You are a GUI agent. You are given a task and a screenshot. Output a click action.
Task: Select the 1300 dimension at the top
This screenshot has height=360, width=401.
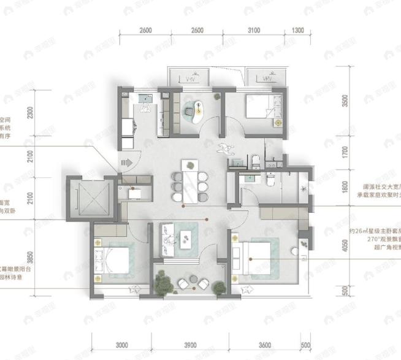pyautogui.click(x=297, y=31)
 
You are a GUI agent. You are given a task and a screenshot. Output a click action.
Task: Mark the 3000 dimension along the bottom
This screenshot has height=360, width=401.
pyautogui.click(x=121, y=345)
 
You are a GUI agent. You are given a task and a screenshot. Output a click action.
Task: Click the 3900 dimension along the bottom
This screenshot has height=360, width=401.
pyautogui.click(x=190, y=345)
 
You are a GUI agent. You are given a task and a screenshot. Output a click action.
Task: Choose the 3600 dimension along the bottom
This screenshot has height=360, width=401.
pyautogui.click(x=265, y=345)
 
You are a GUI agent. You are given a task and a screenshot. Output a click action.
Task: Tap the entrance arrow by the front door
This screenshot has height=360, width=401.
pyautogui.click(x=127, y=163)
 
